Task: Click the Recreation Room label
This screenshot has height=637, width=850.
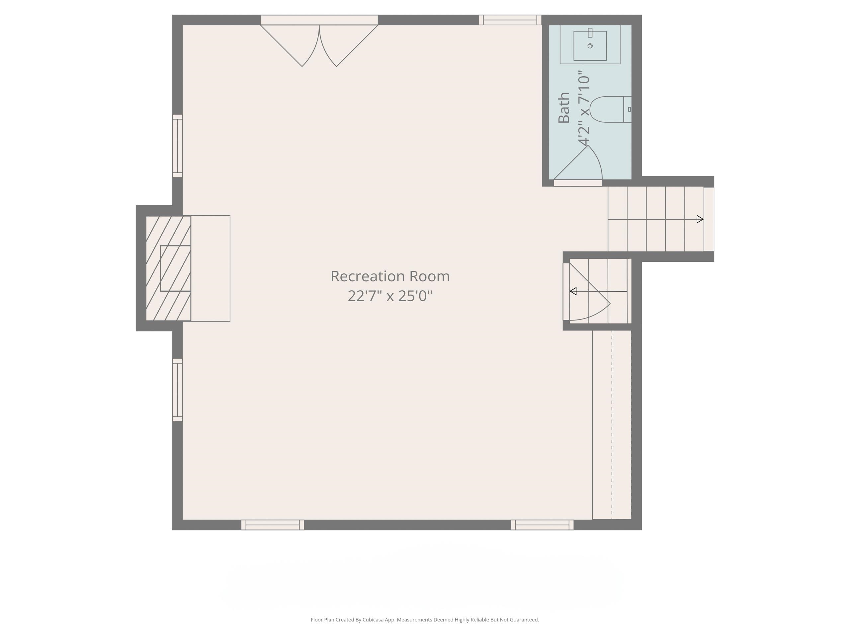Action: [x=390, y=276]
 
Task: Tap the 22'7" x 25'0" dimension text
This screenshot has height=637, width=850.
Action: [x=390, y=296]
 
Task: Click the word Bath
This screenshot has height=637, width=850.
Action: [x=564, y=107]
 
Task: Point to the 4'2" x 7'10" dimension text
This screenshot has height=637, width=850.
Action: [x=584, y=108]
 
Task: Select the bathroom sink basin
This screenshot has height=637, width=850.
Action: [x=590, y=46]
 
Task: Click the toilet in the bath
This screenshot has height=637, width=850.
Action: [x=607, y=109]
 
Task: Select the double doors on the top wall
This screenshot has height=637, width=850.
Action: [x=319, y=42]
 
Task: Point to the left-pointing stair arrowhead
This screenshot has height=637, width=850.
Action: [x=573, y=291]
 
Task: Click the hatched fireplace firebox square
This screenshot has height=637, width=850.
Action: [x=175, y=268]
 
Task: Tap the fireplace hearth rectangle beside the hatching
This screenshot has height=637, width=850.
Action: [x=210, y=268]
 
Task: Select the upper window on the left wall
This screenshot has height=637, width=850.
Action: [x=177, y=146]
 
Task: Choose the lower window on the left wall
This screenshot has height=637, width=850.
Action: [x=177, y=390]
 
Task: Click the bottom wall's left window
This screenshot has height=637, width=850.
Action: [x=273, y=525]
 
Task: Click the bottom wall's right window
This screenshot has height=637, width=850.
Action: [x=542, y=525]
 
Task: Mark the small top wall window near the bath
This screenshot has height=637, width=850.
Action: [x=510, y=20]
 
